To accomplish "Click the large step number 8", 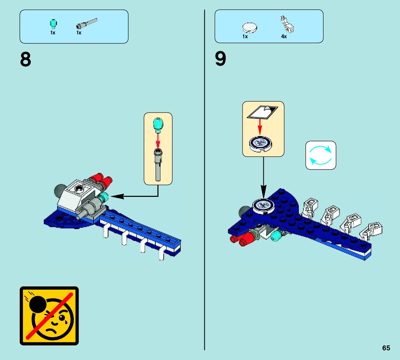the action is click(x=25, y=60).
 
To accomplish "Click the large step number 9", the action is click(x=220, y=59).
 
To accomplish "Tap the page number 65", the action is click(x=386, y=348).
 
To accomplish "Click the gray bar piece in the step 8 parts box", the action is click(x=87, y=24).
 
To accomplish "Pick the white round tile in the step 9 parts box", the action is click(x=250, y=27).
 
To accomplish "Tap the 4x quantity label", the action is click(x=284, y=36).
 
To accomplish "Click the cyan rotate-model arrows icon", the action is click(x=321, y=155).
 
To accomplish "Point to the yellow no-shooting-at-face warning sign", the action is click(x=49, y=316).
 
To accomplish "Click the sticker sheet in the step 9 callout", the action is click(x=262, y=112).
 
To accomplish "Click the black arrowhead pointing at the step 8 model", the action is click(x=117, y=196).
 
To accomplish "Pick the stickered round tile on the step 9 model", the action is click(x=263, y=205).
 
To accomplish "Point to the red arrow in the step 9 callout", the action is click(x=260, y=127).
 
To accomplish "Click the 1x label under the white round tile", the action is click(x=245, y=36).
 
